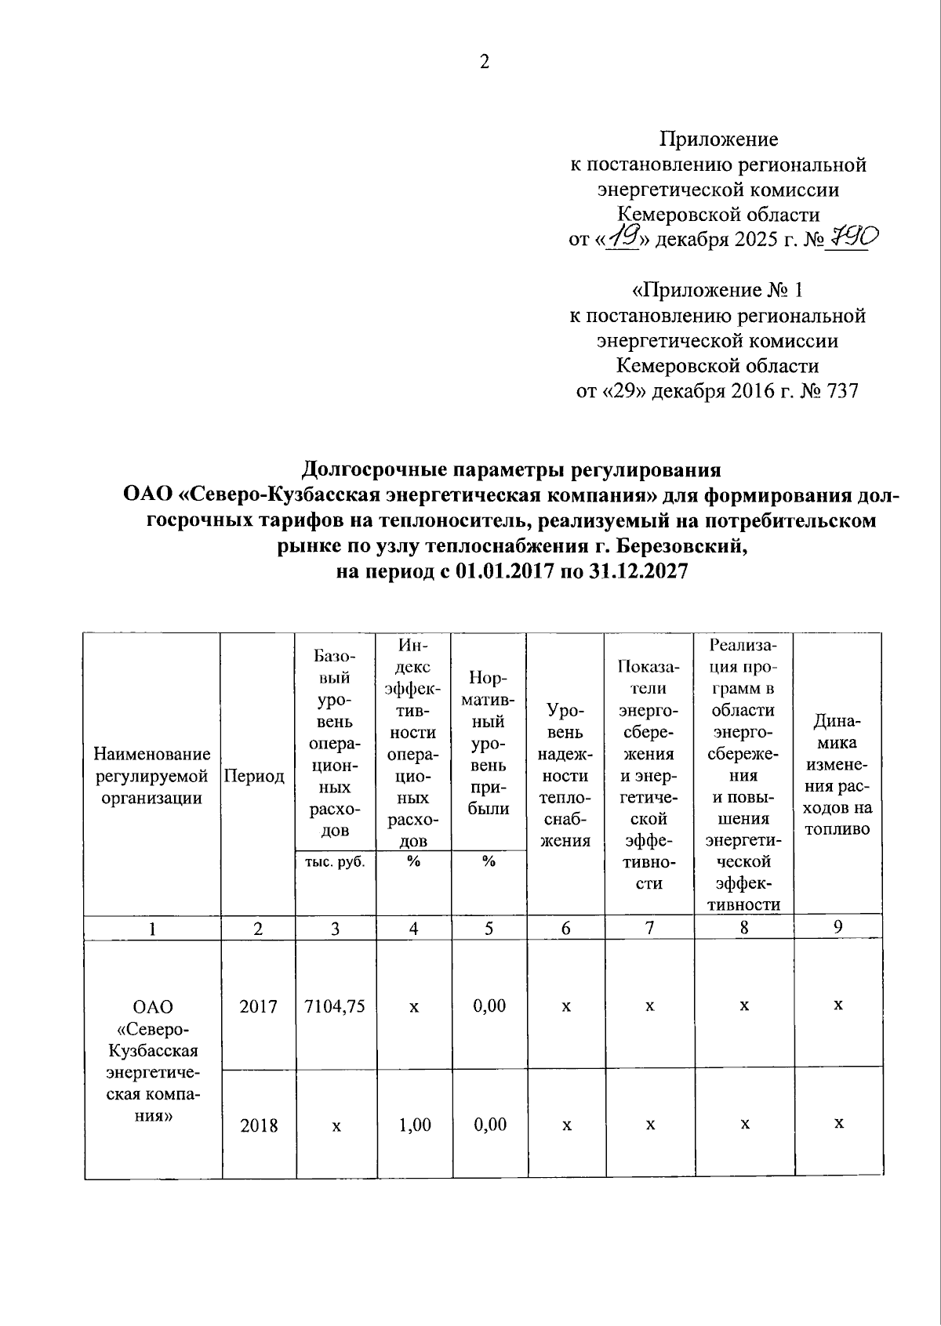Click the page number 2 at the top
[484, 62]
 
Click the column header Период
[254, 776]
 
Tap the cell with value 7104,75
[335, 1006]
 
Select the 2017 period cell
[259, 1006]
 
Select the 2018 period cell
[259, 1125]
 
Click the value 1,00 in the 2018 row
[414, 1125]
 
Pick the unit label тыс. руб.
[335, 861]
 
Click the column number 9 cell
[837, 927]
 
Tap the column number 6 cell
[565, 929]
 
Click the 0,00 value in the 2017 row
[489, 1006]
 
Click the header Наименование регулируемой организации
[152, 776]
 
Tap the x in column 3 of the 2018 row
[336, 1125]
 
